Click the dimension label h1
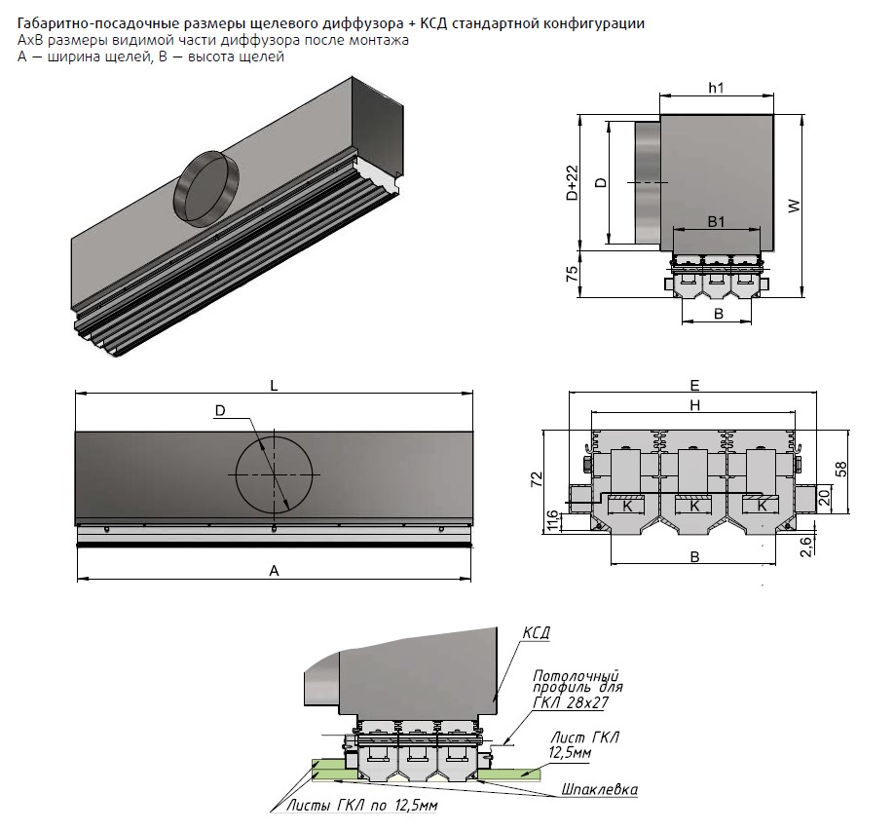click(716, 88)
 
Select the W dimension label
click(794, 206)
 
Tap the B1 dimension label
click(716, 222)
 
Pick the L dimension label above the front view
click(276, 385)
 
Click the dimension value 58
click(839, 470)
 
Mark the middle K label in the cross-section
click(695, 507)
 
